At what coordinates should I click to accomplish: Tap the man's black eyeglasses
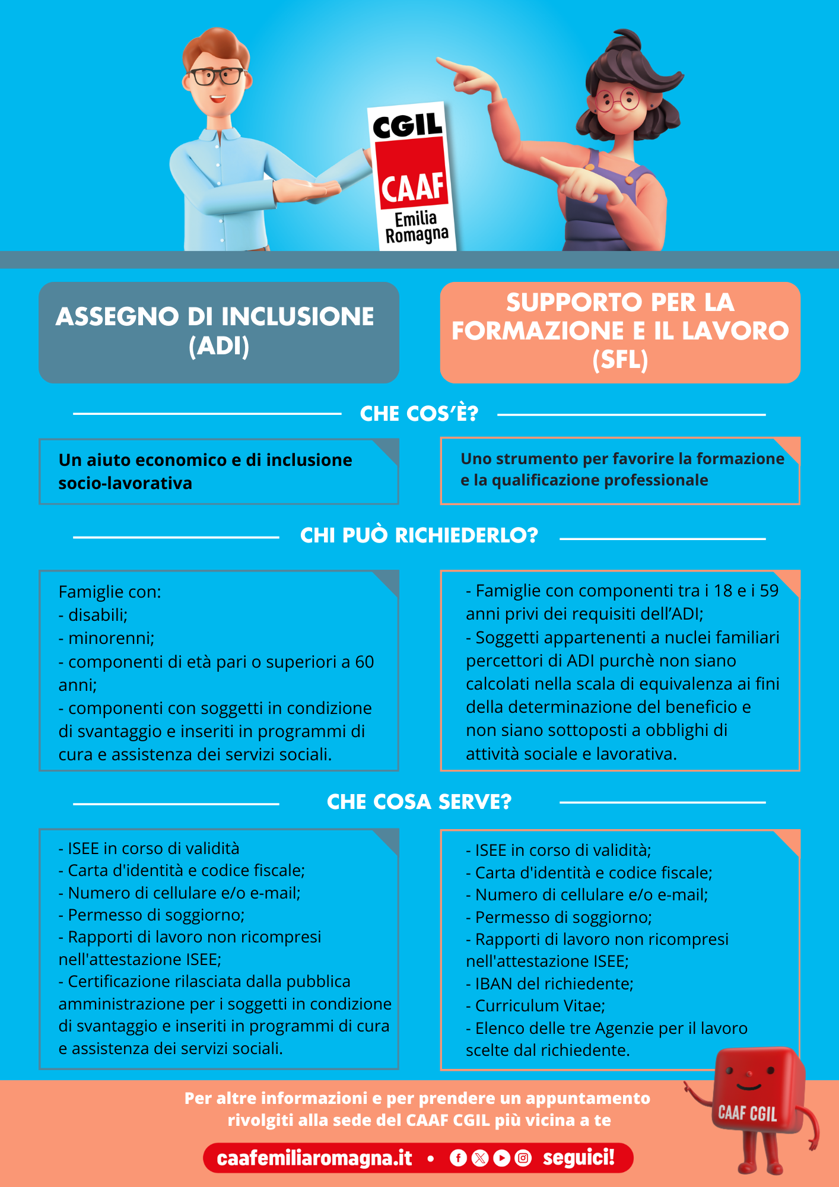click(216, 76)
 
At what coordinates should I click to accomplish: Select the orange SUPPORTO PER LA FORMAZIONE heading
click(620, 332)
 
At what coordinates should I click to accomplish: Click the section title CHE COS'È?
click(419, 414)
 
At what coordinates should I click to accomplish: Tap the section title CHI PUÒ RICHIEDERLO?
click(419, 535)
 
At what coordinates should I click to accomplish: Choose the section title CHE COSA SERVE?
click(419, 802)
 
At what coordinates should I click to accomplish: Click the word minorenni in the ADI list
click(111, 638)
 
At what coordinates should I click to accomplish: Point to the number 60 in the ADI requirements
click(364, 662)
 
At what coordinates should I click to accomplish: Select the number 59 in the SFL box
click(769, 591)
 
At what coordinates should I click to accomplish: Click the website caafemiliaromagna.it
click(314, 1158)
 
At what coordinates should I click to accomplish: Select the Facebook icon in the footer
click(458, 1158)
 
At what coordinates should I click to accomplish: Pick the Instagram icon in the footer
click(523, 1158)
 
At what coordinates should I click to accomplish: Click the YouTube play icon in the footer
click(501, 1158)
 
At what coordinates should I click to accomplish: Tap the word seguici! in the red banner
click(579, 1158)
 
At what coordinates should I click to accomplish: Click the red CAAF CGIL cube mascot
click(752, 1104)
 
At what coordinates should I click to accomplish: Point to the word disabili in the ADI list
click(98, 615)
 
